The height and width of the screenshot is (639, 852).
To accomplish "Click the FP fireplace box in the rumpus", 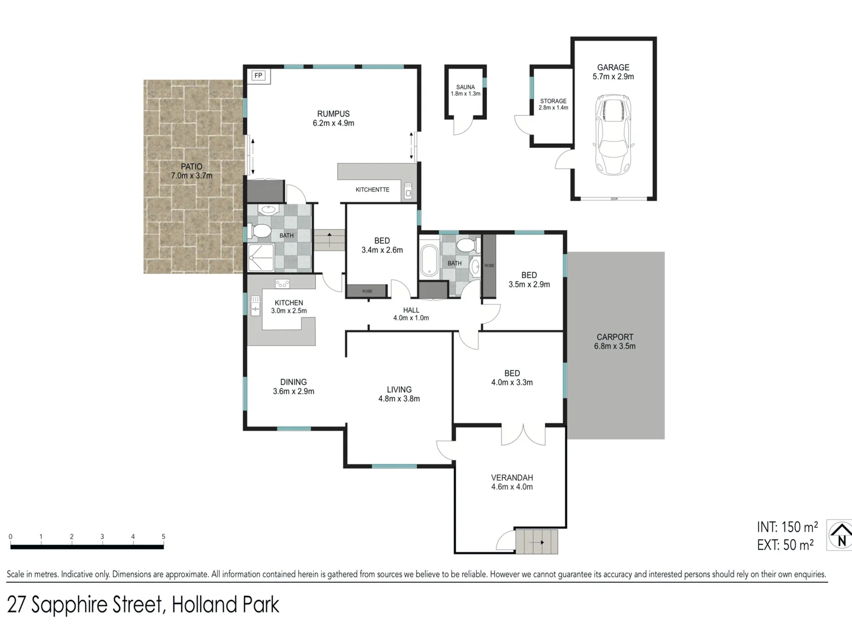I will pos(258,76).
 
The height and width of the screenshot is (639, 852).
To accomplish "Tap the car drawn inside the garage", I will pos(612,135).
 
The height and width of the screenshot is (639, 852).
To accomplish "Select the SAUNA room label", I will pos(465,87).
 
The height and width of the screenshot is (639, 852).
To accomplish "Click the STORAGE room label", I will pos(553,101).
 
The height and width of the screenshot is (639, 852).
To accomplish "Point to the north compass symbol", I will pos(840,535).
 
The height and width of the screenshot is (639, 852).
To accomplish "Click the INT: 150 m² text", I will pos(786,527).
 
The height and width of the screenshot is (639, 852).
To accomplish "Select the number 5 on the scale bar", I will pos(163,537).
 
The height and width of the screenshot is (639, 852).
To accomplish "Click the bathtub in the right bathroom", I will pos(428,262).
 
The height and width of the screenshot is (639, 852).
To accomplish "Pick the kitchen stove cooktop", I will pos(282,285).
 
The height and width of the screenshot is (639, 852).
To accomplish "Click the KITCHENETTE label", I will pos(372,190).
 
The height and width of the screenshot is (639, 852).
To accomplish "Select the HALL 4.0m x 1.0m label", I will pos(411,314).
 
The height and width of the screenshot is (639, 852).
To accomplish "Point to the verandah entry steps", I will pos(537,541).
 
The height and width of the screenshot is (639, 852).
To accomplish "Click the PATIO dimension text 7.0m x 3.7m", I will pos(192,176).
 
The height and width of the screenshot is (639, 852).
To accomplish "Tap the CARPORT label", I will pos(615,337).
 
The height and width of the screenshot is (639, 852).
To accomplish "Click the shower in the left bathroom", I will pos(261,258).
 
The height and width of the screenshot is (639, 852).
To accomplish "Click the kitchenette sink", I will pos(408,191).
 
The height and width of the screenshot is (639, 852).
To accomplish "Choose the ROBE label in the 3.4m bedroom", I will pos(367,291).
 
